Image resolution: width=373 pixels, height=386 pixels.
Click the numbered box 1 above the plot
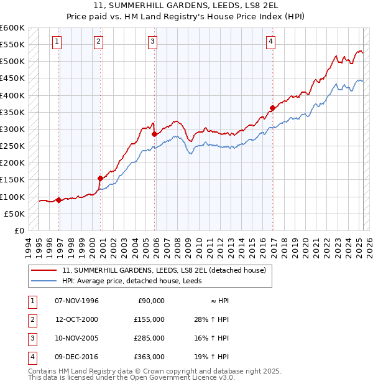pos(57,42)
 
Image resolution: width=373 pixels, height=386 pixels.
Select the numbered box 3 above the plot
pos(152,42)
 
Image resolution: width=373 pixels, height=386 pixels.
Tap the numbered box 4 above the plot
pos(271,42)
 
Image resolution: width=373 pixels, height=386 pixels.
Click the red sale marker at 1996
pos(59,200)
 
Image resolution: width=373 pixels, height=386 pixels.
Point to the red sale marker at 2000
pos(100,178)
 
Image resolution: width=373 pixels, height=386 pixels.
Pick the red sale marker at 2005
pos(154,134)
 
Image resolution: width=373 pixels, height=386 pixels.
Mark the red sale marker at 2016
pos(272,108)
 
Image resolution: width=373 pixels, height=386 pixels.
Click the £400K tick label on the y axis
pos(12,95)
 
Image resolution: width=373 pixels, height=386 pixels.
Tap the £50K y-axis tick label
pos(14,214)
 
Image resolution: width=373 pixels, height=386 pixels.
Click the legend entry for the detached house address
pos(164,270)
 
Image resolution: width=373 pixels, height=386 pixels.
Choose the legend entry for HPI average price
pos(132,281)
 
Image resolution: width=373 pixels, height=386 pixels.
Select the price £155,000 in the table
pos(149,319)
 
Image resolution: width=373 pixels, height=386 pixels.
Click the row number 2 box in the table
pos(31,319)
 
